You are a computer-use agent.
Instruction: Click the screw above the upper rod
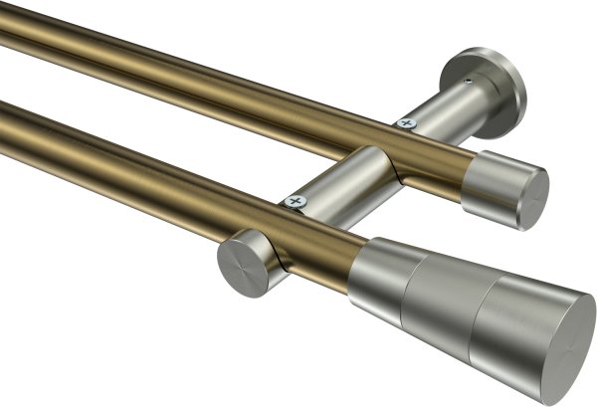[x=403, y=123]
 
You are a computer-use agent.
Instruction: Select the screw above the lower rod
[x=293, y=201]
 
